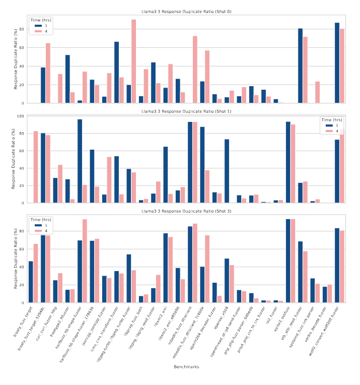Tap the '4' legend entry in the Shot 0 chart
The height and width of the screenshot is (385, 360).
click(41, 32)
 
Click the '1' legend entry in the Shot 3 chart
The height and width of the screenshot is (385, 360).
click(41, 226)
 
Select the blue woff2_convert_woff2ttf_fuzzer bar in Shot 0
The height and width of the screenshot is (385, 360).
click(337, 63)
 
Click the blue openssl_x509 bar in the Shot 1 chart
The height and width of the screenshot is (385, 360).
click(227, 171)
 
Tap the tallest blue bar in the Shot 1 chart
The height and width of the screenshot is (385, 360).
click(80, 161)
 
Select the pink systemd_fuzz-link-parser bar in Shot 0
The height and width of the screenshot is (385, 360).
click(318, 92)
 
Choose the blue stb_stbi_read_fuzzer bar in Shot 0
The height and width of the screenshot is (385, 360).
click(300, 66)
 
